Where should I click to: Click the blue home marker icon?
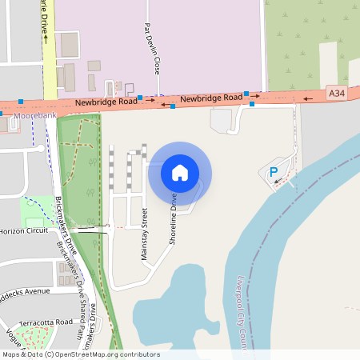tap(179, 172)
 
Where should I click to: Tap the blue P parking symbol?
tap(273, 171)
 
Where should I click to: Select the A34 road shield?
tap(338, 94)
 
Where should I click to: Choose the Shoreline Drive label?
tap(173, 218)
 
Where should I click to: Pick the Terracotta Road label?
tap(46, 322)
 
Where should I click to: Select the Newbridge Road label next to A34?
tap(210, 98)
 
